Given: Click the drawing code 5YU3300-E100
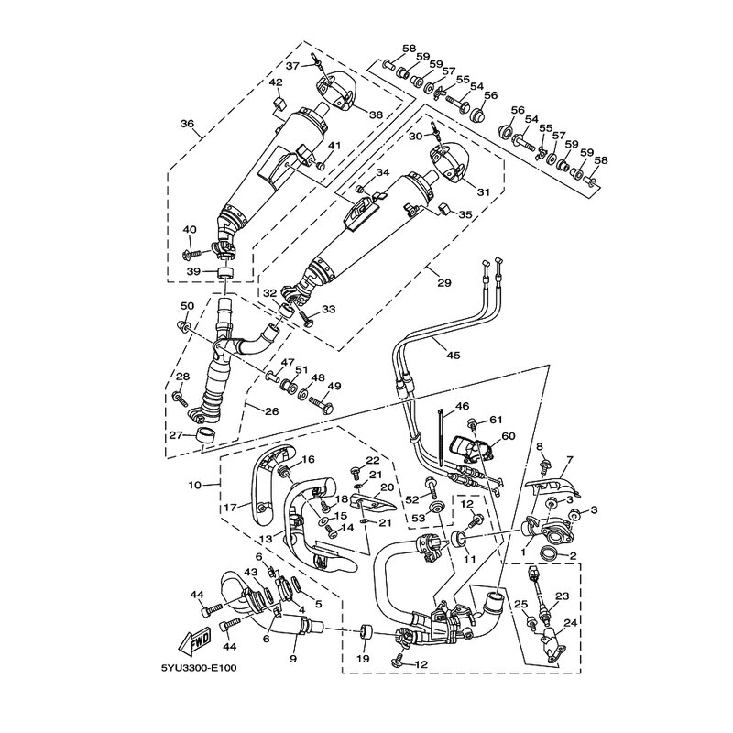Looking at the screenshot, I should [199, 666].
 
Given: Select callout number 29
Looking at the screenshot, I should [443, 283].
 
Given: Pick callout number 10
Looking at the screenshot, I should [194, 484].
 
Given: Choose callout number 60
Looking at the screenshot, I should [509, 436].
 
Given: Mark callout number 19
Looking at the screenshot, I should [362, 658].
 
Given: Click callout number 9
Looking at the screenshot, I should [292, 657].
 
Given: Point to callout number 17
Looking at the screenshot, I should [231, 507].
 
